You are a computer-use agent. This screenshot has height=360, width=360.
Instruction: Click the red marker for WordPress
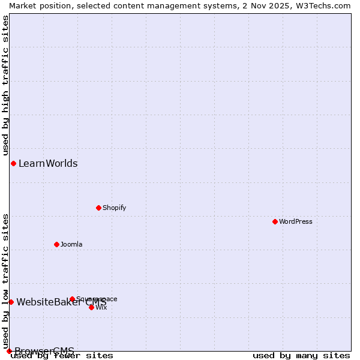[275, 221]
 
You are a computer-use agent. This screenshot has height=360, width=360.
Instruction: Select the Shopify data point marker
[98, 208]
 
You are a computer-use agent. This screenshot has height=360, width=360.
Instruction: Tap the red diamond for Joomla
[56, 244]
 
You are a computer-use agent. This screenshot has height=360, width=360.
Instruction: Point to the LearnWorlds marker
[13, 163]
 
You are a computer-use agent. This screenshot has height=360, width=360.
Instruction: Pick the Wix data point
[91, 307]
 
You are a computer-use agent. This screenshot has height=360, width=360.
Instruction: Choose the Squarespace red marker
[72, 299]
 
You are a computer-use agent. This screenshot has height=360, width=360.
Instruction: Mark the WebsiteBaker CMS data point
[11, 302]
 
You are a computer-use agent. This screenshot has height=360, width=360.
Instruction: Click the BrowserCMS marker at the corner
[9, 351]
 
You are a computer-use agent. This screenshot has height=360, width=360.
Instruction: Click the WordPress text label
[296, 221]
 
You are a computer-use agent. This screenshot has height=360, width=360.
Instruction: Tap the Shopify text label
[115, 208]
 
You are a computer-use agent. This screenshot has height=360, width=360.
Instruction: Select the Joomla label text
[71, 244]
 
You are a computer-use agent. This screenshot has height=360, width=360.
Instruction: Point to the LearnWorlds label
[48, 163]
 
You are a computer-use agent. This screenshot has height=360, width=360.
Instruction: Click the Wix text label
[101, 307]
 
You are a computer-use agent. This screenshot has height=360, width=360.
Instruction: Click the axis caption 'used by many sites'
[301, 356]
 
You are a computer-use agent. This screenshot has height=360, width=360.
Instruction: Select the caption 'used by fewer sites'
[62, 356]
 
